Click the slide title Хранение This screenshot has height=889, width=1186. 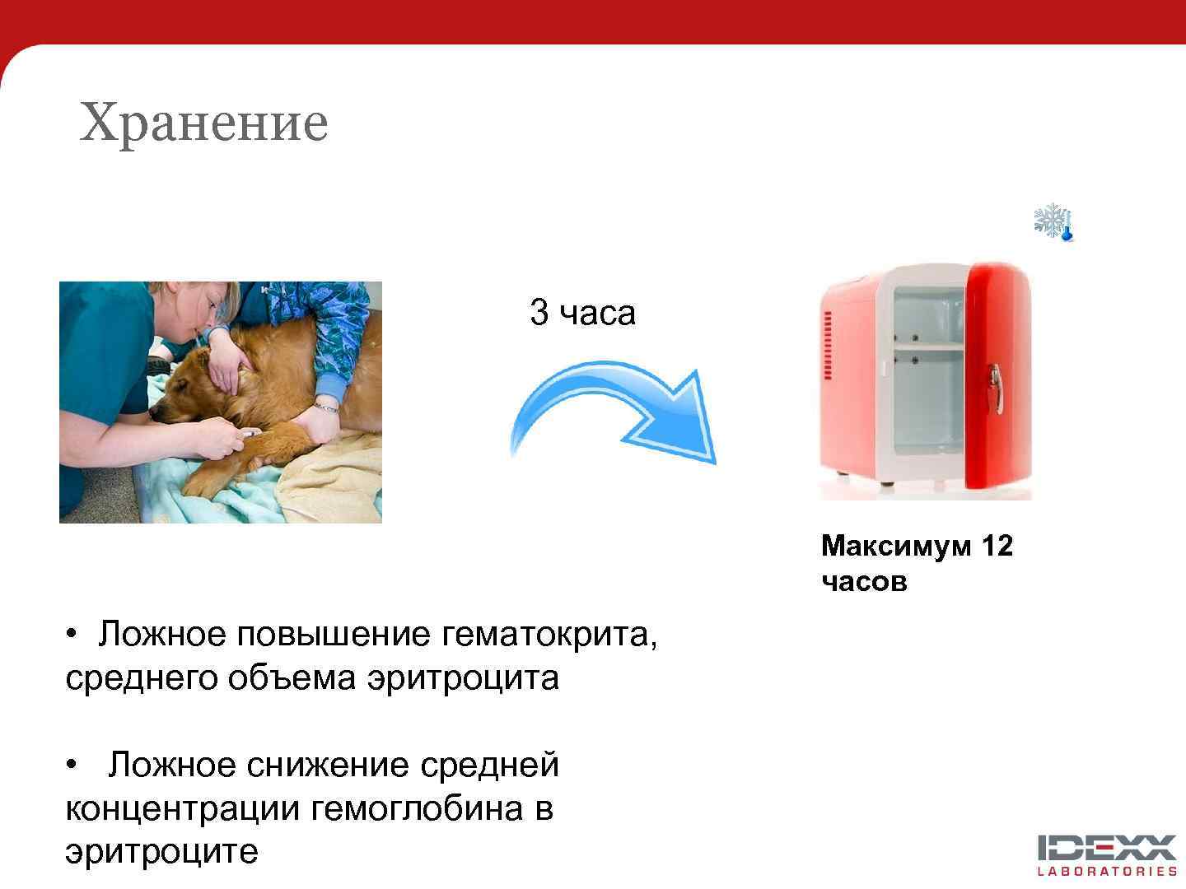203,123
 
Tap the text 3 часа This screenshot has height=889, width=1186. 582,313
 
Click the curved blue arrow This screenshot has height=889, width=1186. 614,412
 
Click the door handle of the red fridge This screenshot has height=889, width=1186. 997,387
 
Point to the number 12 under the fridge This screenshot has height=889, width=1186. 996,546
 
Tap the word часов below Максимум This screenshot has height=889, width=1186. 864,582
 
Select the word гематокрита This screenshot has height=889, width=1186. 549,635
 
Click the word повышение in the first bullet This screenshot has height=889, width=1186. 334,635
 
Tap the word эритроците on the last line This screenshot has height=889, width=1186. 161,851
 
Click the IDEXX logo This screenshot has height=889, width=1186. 1106,847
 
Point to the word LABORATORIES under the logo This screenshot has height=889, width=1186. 1106,872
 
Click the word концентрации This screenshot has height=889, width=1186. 182,808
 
